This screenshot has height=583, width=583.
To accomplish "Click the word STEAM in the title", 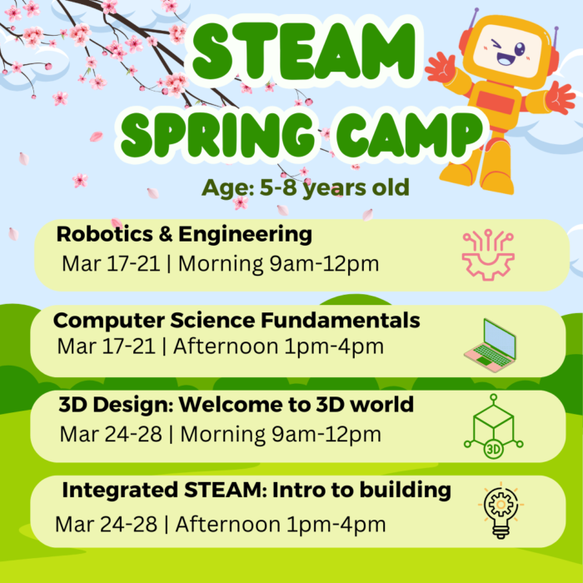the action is point(304,52).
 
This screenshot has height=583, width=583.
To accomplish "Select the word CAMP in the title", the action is point(410,135).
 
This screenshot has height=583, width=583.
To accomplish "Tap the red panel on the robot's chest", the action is point(495,101).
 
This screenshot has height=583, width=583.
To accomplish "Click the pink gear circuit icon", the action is point(488,255).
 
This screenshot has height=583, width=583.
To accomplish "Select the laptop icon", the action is point(490,346).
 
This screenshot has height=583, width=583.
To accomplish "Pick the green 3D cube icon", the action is point(493,426).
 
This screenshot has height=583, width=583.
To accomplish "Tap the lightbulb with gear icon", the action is point(501,510).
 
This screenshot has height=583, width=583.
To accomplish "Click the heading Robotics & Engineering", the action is point(184,235).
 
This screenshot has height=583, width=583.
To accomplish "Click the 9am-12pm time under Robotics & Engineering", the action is point(324,264).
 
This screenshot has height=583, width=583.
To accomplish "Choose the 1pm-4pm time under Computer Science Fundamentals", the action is point(334,347).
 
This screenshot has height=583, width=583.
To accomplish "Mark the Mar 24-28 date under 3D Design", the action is point(111,434).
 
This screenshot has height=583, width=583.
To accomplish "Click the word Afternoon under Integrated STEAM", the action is point(228,524).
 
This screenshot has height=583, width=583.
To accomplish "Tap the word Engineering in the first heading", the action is point(246,235).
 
